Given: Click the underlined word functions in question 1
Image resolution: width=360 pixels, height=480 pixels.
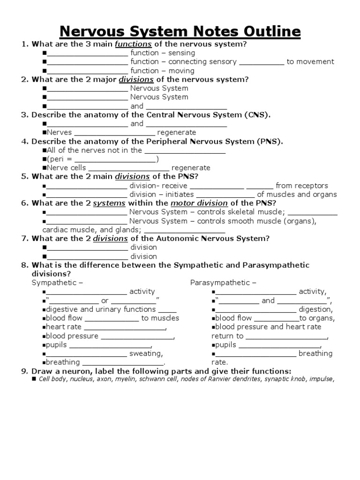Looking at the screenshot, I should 133,44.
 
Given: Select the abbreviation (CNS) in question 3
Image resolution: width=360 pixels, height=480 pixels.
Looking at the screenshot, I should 257,115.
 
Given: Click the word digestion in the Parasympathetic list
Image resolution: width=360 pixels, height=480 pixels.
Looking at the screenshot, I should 315,309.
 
